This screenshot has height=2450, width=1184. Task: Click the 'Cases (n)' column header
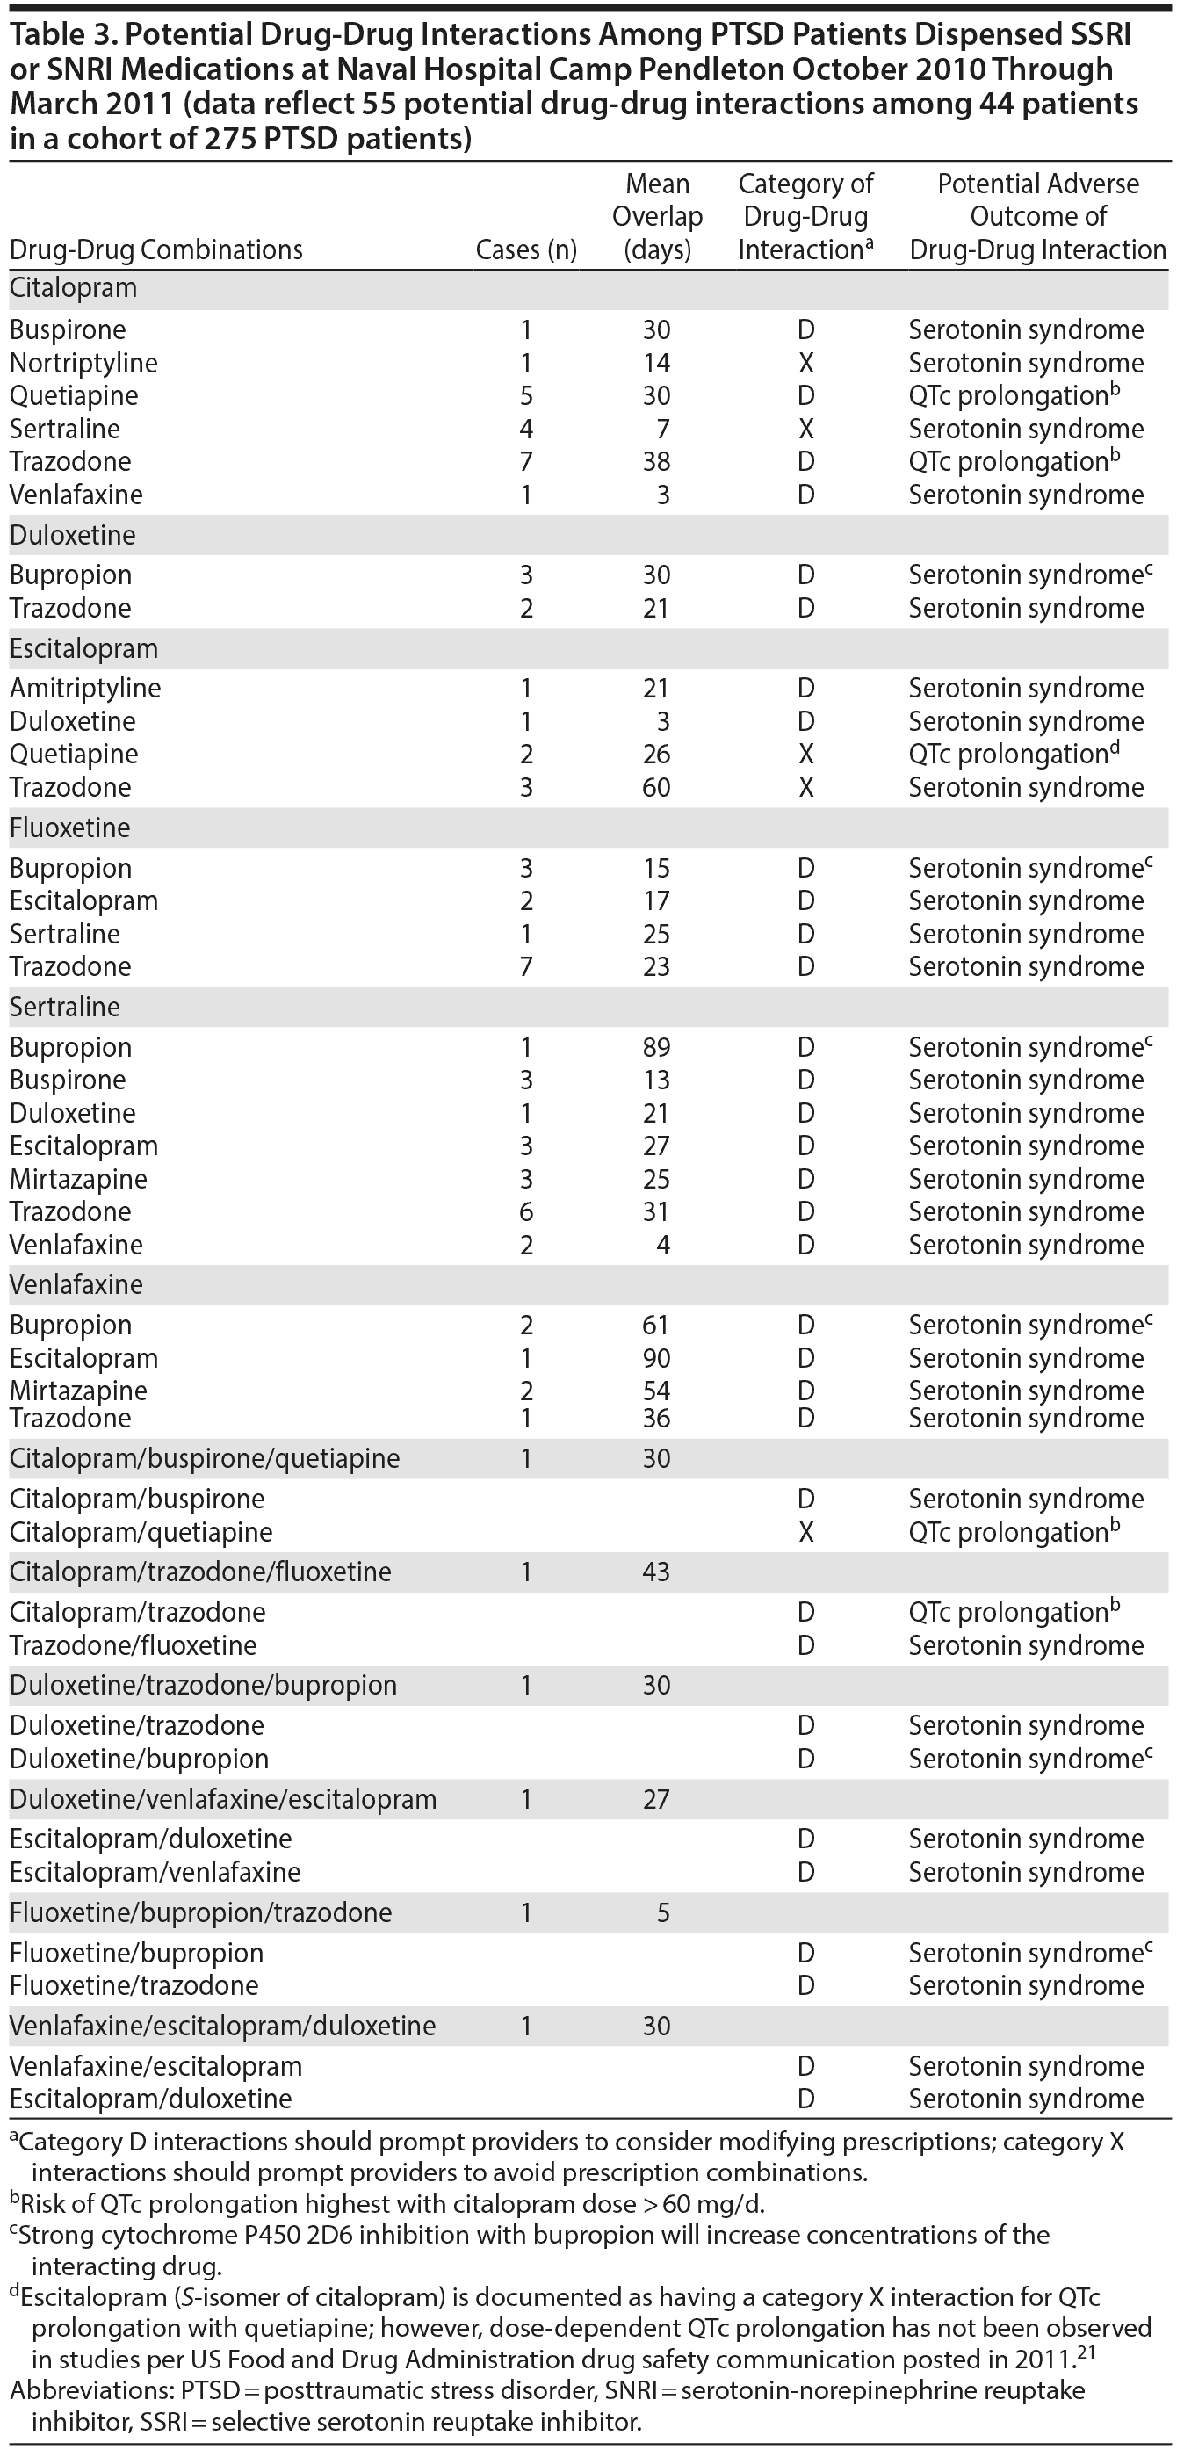pos(526,250)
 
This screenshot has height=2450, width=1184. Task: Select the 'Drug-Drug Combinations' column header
pos(156,250)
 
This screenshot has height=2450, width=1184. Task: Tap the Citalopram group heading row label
pos(73,288)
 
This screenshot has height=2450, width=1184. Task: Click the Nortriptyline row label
pos(83,364)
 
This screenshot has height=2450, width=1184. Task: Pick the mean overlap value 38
pos(656,462)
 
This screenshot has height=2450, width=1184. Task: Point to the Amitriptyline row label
pos(85,689)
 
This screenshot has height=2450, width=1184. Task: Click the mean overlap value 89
pos(656,1048)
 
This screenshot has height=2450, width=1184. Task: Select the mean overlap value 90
pos(656,1359)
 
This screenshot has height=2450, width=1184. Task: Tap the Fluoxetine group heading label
pos(69,828)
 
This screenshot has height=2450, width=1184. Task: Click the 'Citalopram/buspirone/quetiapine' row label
pos(205,1459)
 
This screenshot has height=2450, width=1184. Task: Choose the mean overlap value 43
pos(656,1572)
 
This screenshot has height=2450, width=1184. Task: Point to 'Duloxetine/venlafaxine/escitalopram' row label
pos(222,1799)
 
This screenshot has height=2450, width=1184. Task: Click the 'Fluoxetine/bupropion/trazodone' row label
pos(200,1912)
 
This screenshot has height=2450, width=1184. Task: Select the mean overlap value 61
pos(656,1326)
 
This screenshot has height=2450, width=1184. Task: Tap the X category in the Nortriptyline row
pos(805,364)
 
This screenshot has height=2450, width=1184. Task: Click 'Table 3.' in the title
pos(62,35)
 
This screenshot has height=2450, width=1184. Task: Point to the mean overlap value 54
pos(656,1391)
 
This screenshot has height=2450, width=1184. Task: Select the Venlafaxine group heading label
pos(76,1285)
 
